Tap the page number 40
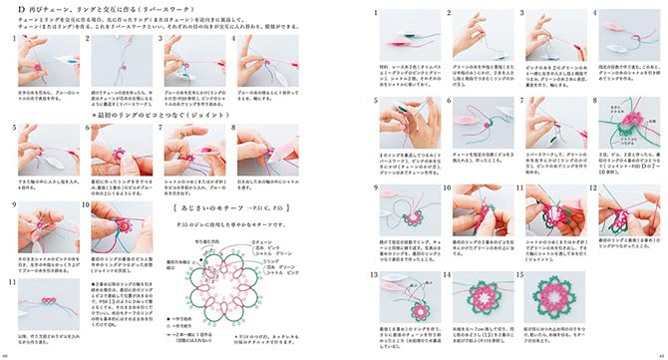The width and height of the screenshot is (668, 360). coord(6,354)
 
